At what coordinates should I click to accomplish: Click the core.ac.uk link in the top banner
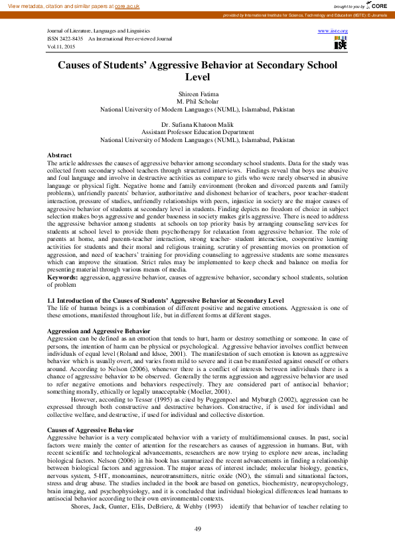click(x=127, y=5)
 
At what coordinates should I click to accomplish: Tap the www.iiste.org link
click(x=333, y=31)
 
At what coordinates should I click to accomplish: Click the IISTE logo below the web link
click(x=340, y=43)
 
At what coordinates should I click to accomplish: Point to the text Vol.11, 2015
click(x=61, y=47)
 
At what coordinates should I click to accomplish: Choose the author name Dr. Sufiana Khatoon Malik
click(x=197, y=125)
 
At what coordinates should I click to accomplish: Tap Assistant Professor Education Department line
click(x=197, y=132)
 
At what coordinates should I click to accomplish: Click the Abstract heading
click(x=60, y=155)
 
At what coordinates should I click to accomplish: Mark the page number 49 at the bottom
click(x=197, y=528)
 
